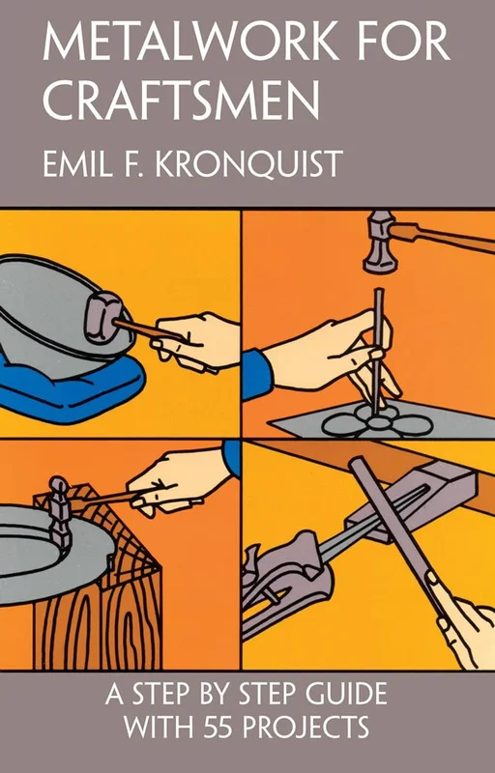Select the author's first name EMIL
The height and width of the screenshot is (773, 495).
[x=76, y=163]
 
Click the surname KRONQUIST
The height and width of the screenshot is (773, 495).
[x=249, y=164]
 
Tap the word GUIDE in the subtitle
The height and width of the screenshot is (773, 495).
[x=346, y=694]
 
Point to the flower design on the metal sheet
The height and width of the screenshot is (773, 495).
[x=377, y=421]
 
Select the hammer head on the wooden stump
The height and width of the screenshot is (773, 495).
[x=59, y=513]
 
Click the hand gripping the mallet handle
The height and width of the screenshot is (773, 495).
[x=194, y=340]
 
